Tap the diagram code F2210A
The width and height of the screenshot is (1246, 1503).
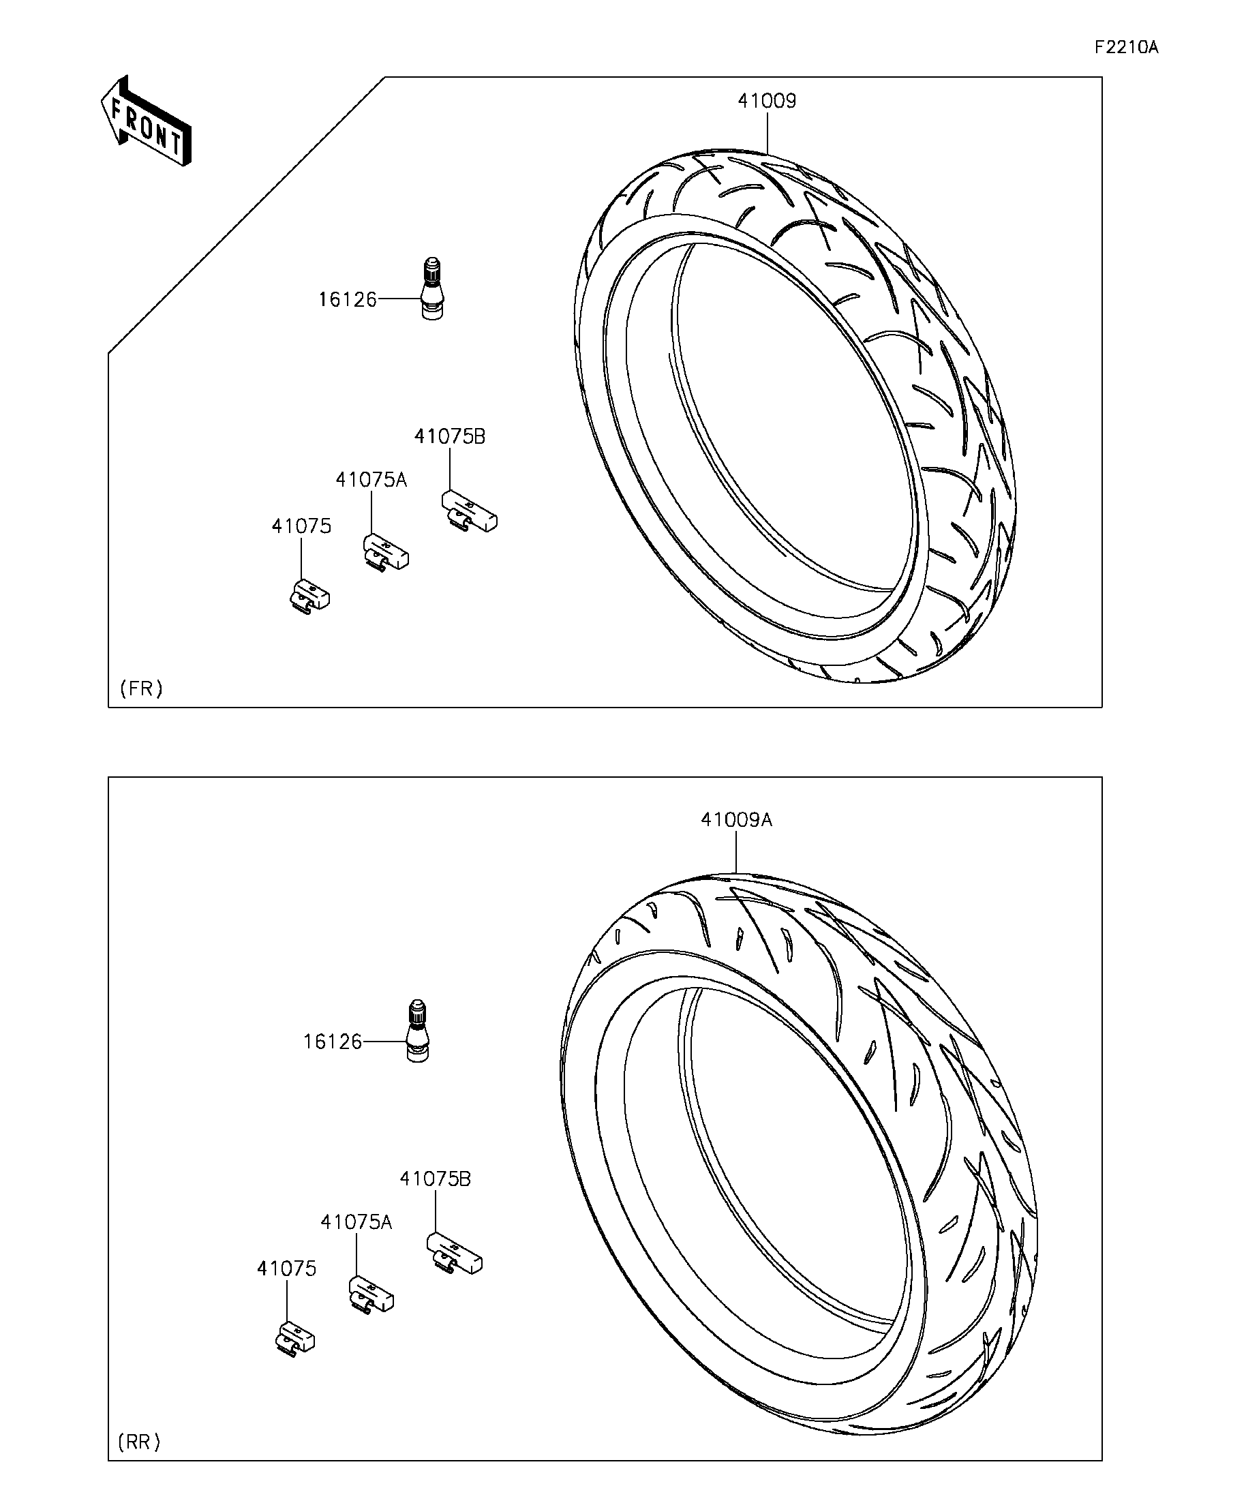pyautogui.click(x=1127, y=47)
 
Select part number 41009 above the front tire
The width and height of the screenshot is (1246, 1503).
pyautogui.click(x=768, y=101)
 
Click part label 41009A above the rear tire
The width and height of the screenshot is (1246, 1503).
pyautogui.click(x=736, y=819)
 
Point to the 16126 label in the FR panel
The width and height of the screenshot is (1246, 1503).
pyautogui.click(x=347, y=299)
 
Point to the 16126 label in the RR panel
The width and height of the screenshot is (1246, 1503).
pyautogui.click(x=332, y=1042)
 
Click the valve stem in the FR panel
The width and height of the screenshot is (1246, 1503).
pyautogui.click(x=432, y=288)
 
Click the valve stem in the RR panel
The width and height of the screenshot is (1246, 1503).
pyautogui.click(x=417, y=1031)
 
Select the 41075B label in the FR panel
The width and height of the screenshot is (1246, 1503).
pyautogui.click(x=449, y=436)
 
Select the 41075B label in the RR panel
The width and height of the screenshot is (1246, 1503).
pyautogui.click(x=435, y=1179)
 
